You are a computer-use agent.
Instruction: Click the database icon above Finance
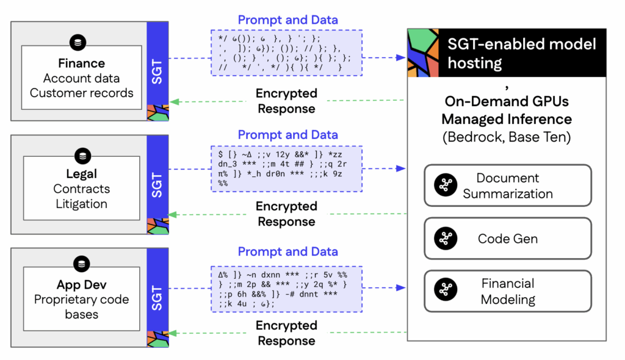tap(79, 43)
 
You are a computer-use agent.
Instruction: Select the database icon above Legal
tap(81, 155)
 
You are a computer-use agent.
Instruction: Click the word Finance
tap(81, 63)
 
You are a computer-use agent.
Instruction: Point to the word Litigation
tap(81, 204)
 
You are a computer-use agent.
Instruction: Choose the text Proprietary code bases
tap(81, 307)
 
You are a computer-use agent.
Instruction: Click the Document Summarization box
tap(508, 185)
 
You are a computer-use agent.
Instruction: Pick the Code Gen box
tap(508, 239)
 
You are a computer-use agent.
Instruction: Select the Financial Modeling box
tap(508, 291)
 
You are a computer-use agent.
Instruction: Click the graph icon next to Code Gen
tap(446, 239)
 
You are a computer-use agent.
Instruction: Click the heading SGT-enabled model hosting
tap(522, 53)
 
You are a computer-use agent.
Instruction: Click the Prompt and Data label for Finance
tap(287, 20)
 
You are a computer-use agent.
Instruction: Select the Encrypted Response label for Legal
tap(287, 214)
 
